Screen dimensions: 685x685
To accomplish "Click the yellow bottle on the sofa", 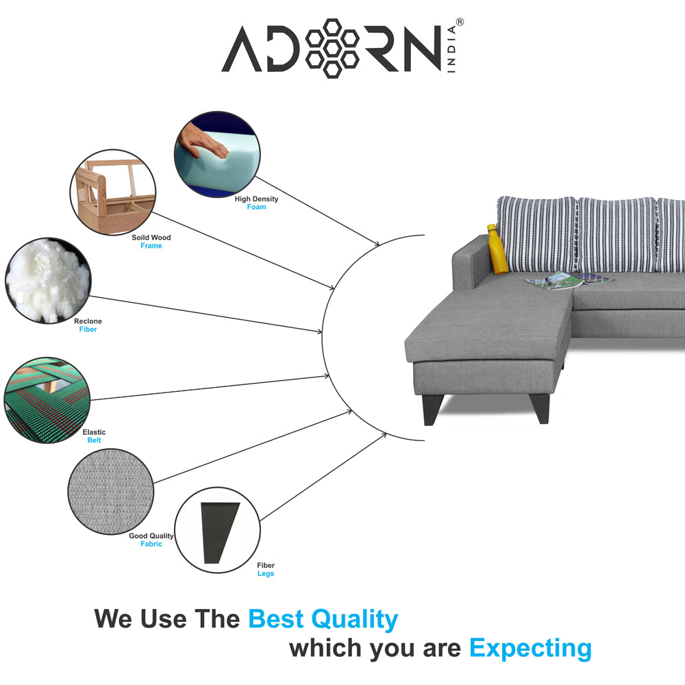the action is pyautogui.click(x=497, y=249).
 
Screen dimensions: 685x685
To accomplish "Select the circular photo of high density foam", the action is pyautogui.click(x=217, y=154).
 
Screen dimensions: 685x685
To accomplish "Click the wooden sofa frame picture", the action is pyautogui.click(x=113, y=192).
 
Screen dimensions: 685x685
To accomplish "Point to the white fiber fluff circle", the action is pyautogui.click(x=48, y=280).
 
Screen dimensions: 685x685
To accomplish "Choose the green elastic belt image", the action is pyautogui.click(x=47, y=400).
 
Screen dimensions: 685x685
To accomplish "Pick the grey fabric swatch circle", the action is pyautogui.click(x=111, y=491).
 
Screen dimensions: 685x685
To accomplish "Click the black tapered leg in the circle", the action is pyautogui.click(x=220, y=532).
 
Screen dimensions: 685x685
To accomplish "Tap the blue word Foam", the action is pyautogui.click(x=256, y=207).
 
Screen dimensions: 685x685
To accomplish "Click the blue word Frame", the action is pyautogui.click(x=151, y=246).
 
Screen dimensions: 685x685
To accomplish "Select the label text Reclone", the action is pyautogui.click(x=88, y=321).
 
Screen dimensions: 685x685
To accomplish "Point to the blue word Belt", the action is pyautogui.click(x=94, y=440).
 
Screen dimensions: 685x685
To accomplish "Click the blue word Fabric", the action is pyautogui.click(x=151, y=544).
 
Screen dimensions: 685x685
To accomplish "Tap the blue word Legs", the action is pyautogui.click(x=266, y=573).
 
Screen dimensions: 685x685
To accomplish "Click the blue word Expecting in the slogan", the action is pyautogui.click(x=530, y=649).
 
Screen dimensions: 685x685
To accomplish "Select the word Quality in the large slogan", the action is pyautogui.click(x=354, y=620).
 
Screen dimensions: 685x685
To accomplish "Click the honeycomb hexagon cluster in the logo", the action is pyautogui.click(x=332, y=49).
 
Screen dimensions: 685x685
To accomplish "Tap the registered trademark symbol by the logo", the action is pyautogui.click(x=460, y=22).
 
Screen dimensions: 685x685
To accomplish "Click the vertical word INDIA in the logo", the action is pyautogui.click(x=451, y=49).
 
